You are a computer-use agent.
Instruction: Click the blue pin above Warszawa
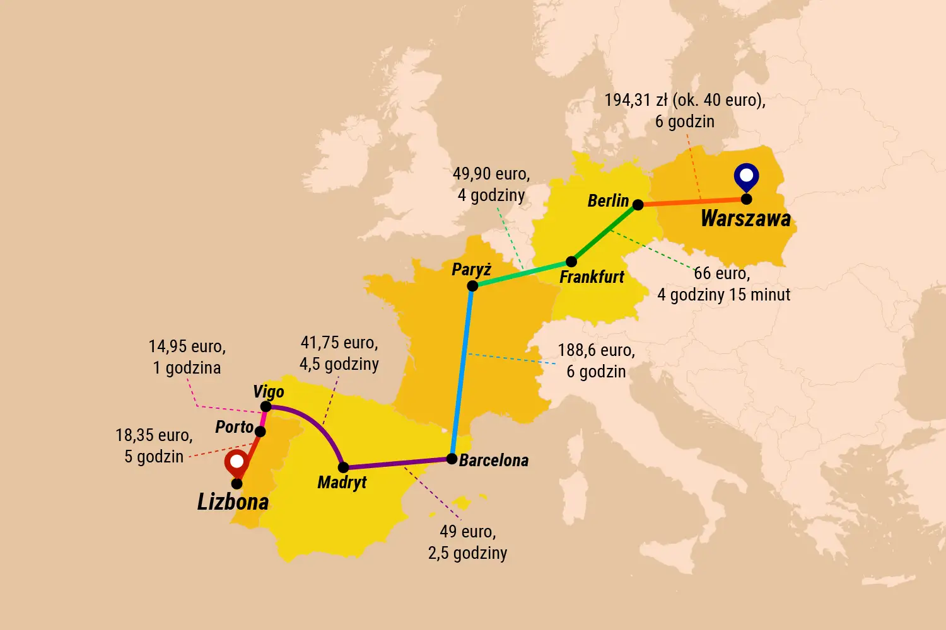tap(746, 177)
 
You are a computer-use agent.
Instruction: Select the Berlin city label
tap(608, 201)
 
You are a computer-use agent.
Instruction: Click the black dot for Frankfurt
tap(571, 261)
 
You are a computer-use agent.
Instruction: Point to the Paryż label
tap(471, 270)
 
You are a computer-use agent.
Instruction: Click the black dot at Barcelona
tap(452, 459)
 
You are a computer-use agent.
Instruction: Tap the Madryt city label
tap(342, 483)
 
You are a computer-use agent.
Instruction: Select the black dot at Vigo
tap(266, 406)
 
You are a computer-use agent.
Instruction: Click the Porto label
tap(234, 427)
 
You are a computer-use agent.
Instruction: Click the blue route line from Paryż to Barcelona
tap(462, 372)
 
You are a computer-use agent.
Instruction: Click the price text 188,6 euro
tap(596, 350)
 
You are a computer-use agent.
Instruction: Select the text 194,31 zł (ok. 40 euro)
tap(685, 100)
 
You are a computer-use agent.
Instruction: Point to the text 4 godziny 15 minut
tap(723, 295)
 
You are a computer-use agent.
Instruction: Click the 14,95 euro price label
tap(187, 346)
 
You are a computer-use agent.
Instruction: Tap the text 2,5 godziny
tap(467, 553)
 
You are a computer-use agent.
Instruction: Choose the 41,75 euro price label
tap(339, 343)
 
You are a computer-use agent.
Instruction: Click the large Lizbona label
tap(233, 502)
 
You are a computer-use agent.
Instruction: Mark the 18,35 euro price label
tap(154, 435)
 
